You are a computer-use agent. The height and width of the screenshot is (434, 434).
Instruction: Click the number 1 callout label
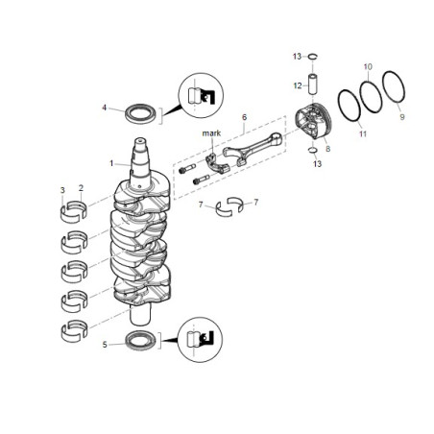pyautogui.click(x=112, y=162)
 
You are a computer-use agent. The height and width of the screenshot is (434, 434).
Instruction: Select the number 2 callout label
pyautogui.click(x=81, y=189)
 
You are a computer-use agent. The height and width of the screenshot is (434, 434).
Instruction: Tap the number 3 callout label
pyautogui.click(x=62, y=189)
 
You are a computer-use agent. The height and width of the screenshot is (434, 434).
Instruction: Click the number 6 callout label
pyautogui.click(x=244, y=116)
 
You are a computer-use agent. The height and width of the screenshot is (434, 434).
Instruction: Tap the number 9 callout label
pyautogui.click(x=402, y=116)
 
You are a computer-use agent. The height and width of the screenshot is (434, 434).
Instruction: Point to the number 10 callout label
pyautogui.click(x=368, y=66)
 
